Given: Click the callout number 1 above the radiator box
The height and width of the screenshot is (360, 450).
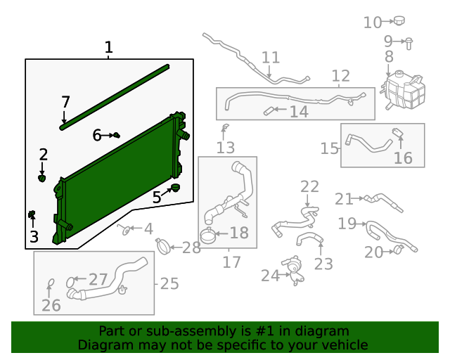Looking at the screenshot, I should [x=108, y=48].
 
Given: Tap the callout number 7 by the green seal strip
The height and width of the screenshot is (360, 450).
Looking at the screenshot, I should [x=65, y=102].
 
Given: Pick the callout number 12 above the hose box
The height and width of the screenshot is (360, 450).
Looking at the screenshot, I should [x=340, y=76].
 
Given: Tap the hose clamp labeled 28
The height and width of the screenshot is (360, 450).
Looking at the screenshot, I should [x=163, y=245].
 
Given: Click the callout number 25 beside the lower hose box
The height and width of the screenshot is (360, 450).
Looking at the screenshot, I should [x=169, y=284].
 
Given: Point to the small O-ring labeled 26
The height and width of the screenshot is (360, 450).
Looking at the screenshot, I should [x=51, y=284].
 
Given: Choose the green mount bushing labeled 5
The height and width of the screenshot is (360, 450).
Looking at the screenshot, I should [x=174, y=187].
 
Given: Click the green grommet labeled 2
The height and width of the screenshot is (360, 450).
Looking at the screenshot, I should [x=43, y=178].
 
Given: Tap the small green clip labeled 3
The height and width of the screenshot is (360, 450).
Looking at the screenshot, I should [x=32, y=214].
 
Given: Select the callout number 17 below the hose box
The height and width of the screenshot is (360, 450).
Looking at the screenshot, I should [x=231, y=262].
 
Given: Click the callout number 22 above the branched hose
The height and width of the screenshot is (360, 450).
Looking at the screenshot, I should [x=309, y=187].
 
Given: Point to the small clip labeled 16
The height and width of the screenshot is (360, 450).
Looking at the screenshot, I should [x=397, y=134].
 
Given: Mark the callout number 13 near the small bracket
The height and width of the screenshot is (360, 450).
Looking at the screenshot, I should [x=225, y=148].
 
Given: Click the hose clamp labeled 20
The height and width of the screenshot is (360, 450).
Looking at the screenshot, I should [x=399, y=249].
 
